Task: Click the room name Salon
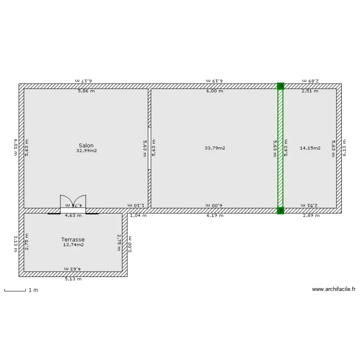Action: [86, 145]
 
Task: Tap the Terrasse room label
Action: [73, 239]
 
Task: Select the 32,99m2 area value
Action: [86, 151]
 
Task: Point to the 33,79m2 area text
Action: [215, 148]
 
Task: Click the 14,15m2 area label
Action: [310, 148]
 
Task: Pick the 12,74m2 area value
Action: [73, 245]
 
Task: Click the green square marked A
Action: [281, 86]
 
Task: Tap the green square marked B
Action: [281, 210]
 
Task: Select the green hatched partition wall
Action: [280, 149]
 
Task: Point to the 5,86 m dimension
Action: [86, 91]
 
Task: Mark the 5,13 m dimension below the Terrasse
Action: [73, 279]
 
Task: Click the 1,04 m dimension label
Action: [138, 216]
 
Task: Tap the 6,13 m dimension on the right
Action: [344, 148]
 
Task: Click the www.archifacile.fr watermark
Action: [334, 289]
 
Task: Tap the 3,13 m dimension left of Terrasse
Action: [16, 244]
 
